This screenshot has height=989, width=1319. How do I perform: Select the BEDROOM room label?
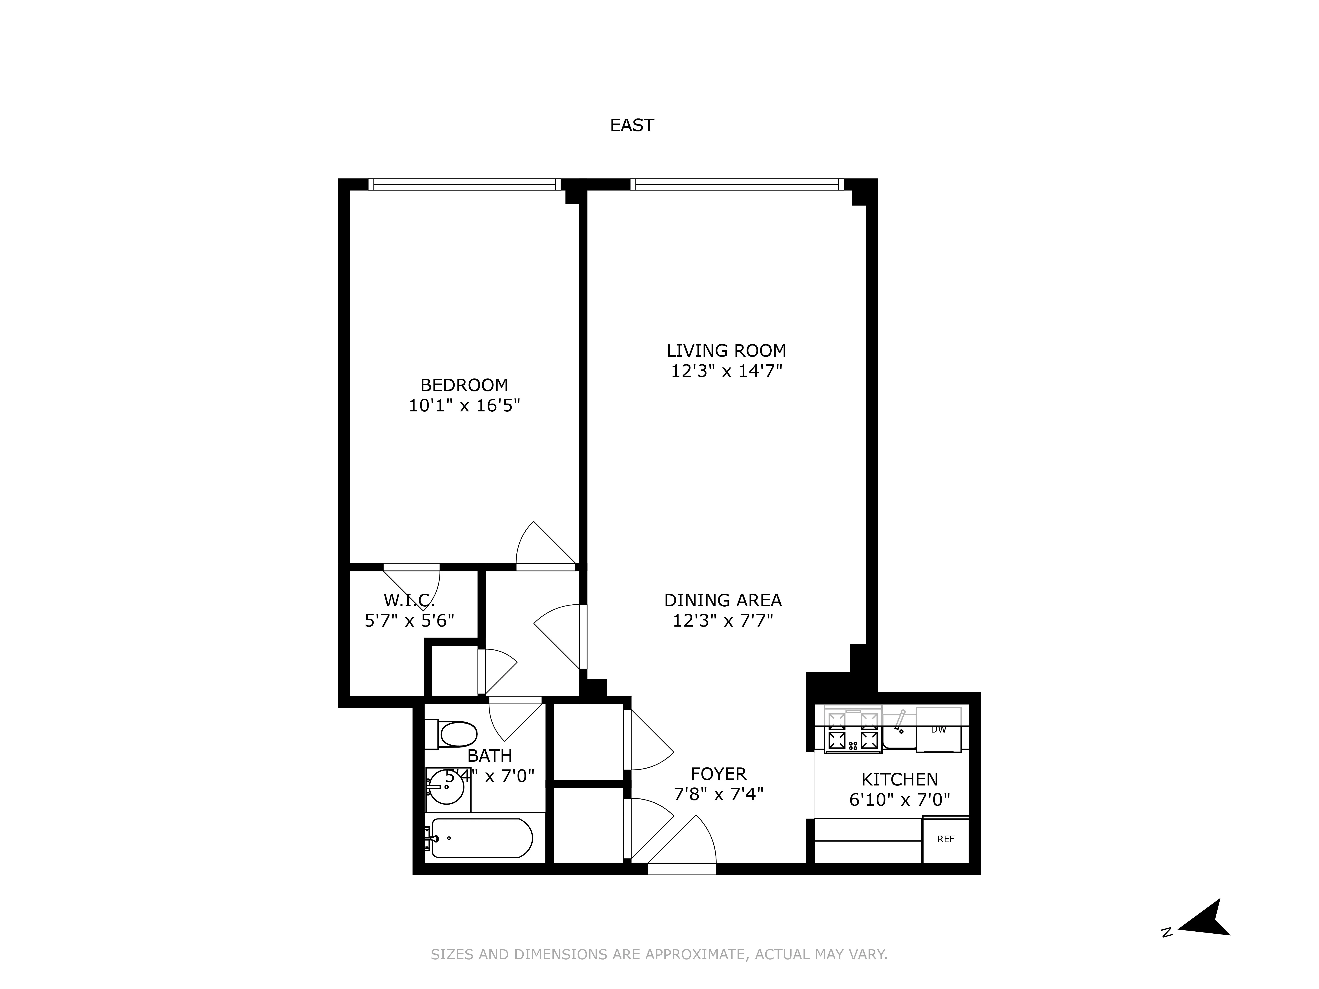tap(464, 385)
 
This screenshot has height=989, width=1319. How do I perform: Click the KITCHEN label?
tap(899, 779)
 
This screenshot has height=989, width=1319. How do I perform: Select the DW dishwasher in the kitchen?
tap(938, 730)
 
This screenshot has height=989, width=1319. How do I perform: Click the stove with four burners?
tap(853, 731)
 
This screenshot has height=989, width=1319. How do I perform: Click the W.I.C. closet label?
tap(409, 600)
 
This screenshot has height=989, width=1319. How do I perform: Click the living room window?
tap(736, 184)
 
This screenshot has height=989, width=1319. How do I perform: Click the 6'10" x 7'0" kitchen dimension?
tap(899, 799)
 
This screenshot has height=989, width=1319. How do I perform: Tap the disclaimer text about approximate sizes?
tap(659, 954)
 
